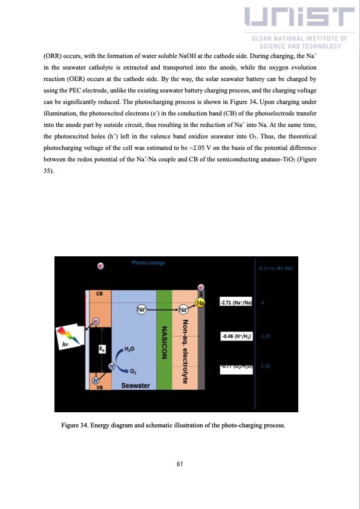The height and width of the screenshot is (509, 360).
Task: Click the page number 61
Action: click(180, 464)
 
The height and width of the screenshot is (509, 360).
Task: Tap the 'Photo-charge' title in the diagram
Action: click(148, 263)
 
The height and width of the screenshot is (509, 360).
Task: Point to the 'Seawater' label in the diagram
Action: click(136, 385)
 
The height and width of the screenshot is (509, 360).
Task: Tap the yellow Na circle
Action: click(200, 302)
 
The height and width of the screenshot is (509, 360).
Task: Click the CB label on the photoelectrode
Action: click(100, 293)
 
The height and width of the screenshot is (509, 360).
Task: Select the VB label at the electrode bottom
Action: click(100, 389)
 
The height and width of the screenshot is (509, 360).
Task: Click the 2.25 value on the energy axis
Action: click(266, 336)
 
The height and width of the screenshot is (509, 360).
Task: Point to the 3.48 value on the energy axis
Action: click(266, 366)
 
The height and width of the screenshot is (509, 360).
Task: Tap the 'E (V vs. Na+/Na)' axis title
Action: click(275, 268)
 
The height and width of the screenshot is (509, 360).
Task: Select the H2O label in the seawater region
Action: click(129, 349)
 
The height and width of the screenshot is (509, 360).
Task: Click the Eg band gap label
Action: click(102, 349)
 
